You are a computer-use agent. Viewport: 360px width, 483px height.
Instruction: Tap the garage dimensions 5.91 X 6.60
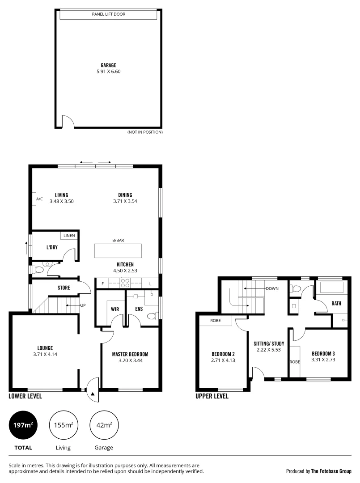coord(108,71)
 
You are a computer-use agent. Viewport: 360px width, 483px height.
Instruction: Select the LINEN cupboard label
coord(69,235)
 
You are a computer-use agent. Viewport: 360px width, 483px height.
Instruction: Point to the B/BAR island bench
coord(118,250)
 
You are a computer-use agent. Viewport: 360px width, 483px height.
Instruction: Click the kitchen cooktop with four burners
coord(126,283)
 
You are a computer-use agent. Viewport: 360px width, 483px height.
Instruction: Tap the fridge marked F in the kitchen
coord(103,284)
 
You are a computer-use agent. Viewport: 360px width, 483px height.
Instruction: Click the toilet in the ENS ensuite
coord(151,316)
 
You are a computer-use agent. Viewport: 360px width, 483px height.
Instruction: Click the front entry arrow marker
coord(93,394)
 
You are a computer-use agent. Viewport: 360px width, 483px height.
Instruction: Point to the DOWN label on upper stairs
coord(272,288)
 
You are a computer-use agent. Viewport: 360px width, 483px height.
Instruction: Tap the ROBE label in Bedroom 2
coord(215,321)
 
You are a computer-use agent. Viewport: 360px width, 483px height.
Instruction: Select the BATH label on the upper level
coord(336,303)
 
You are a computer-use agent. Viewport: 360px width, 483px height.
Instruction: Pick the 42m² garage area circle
coord(104,424)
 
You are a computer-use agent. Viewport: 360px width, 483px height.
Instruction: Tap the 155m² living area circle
coord(64,424)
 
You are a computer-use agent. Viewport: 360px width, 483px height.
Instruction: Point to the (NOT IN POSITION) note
coord(145,132)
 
